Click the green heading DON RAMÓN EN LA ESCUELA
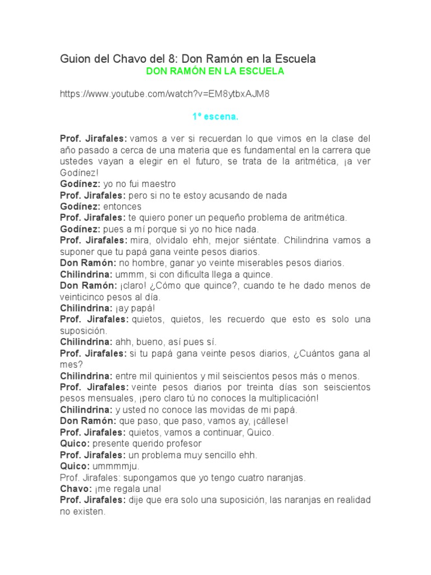[215, 71]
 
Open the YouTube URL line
[164, 94]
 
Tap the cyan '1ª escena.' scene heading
[215, 117]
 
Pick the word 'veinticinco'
[82, 297]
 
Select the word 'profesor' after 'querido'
[184, 444]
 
